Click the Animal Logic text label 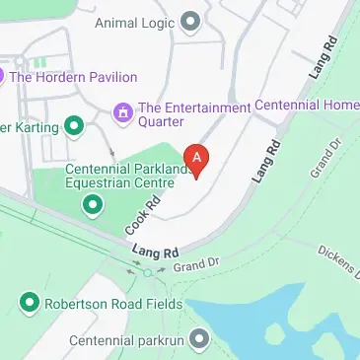[137, 22]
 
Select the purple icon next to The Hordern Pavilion [3, 75]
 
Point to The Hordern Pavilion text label [75, 76]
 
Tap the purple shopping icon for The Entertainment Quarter [123, 114]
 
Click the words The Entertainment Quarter [194, 114]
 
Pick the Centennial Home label [307, 105]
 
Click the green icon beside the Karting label [73, 126]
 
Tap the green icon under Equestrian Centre [92, 204]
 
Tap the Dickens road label [338, 258]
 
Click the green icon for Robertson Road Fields [30, 303]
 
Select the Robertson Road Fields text [113, 304]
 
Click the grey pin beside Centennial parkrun [200, 340]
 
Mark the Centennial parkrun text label [126, 341]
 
